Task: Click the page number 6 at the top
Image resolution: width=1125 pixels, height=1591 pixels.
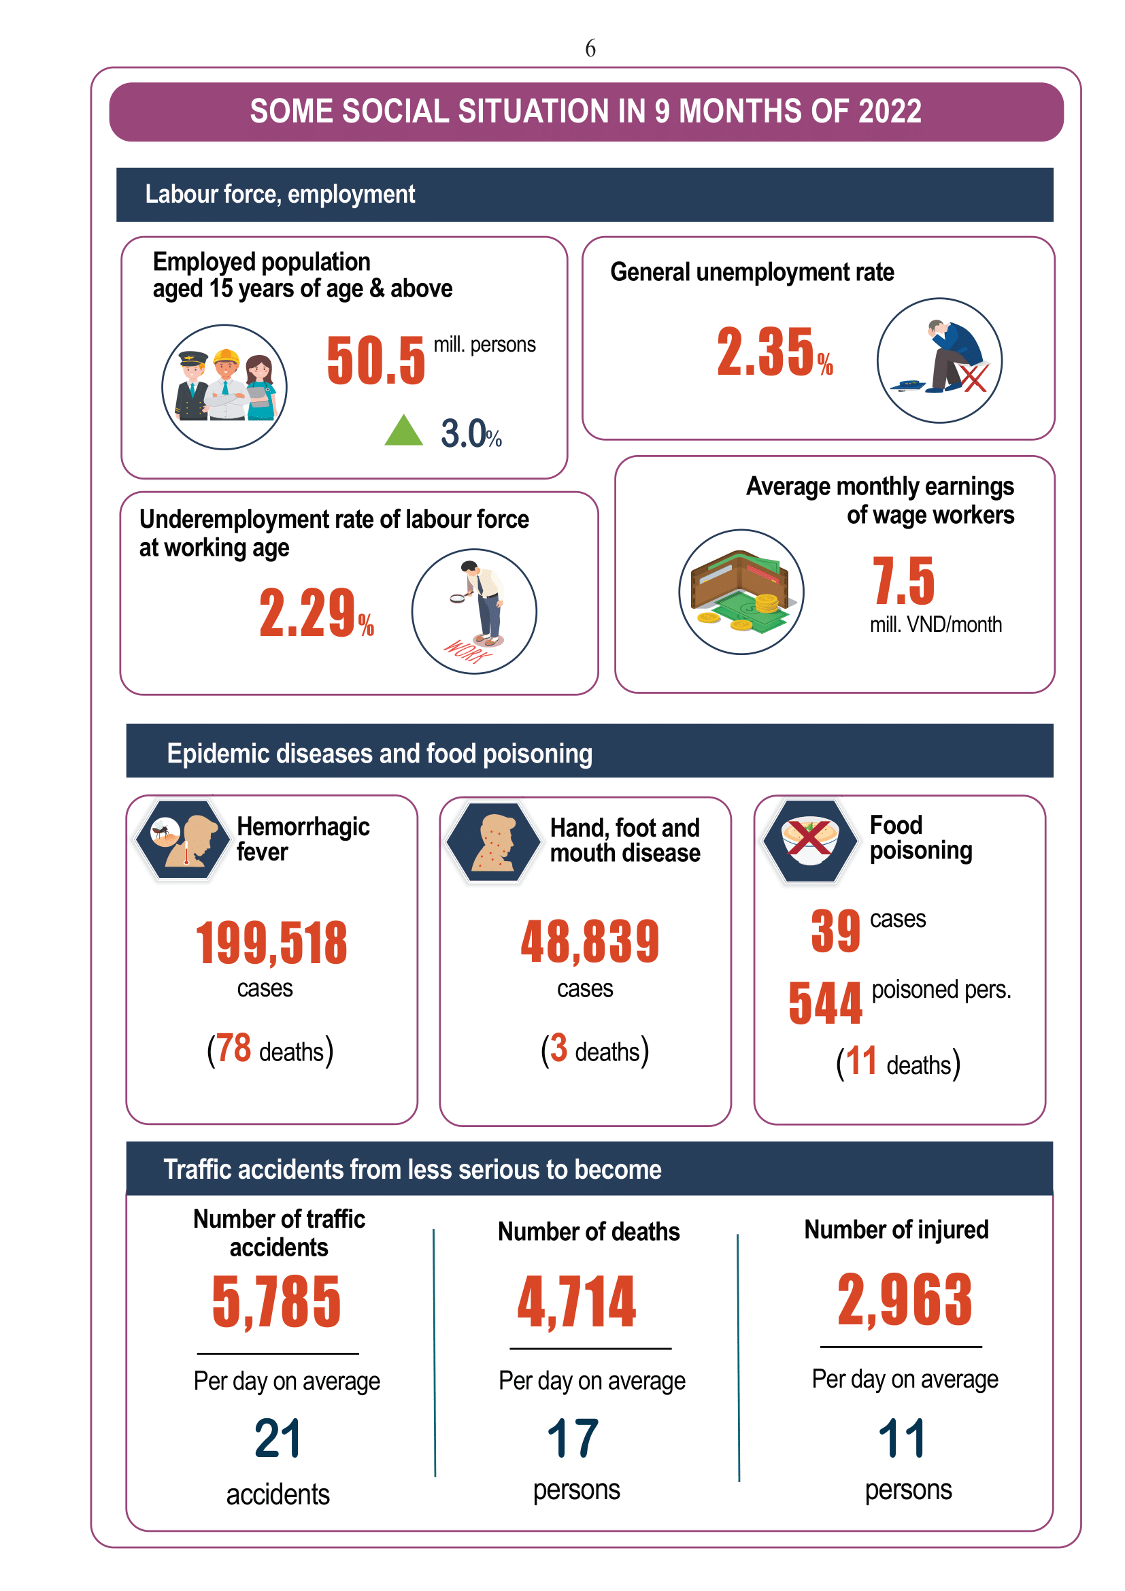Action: click(x=590, y=48)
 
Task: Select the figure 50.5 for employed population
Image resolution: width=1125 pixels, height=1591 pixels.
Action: click(x=376, y=360)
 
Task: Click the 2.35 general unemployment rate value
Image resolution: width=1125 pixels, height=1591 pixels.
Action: click(x=765, y=352)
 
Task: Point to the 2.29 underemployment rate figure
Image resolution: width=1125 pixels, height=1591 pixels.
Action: click(x=307, y=613)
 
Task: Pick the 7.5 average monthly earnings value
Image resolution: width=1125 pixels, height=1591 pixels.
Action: click(x=903, y=581)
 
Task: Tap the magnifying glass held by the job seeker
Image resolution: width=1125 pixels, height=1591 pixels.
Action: click(x=457, y=597)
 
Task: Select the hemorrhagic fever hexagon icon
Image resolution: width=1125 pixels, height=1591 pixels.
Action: click(x=183, y=840)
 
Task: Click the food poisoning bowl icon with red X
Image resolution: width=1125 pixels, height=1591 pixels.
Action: click(x=809, y=841)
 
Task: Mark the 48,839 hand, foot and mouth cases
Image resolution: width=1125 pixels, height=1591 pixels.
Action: click(x=590, y=941)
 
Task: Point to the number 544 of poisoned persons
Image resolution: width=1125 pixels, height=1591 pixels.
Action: click(x=825, y=1003)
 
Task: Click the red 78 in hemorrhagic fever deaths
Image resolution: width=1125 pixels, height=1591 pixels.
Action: click(x=233, y=1048)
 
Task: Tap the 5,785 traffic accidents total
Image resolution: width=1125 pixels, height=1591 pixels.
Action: click(x=276, y=1303)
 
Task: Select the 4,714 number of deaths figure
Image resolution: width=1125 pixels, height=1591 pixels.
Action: click(x=576, y=1302)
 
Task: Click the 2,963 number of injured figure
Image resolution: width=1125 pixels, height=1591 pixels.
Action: click(x=905, y=1299)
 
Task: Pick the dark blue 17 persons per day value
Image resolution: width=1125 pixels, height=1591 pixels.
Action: click(x=573, y=1439)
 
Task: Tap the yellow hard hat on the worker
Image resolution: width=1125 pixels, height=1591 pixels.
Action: click(x=226, y=358)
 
